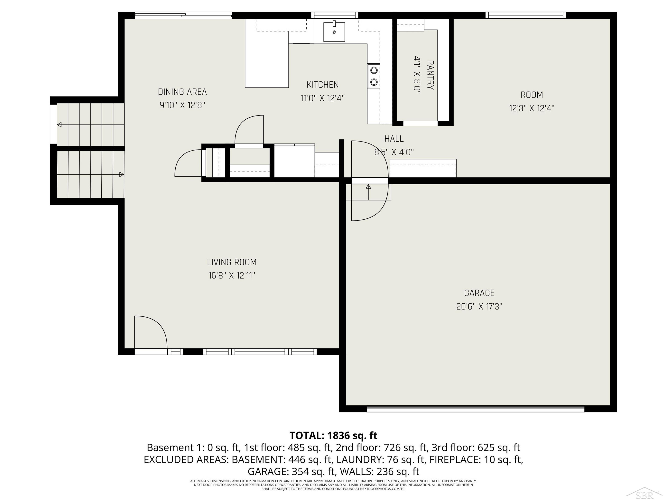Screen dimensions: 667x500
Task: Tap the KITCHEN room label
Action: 323,85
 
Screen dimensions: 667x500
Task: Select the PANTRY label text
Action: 431,75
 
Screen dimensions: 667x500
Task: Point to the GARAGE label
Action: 479,293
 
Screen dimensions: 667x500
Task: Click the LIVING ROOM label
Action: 232,262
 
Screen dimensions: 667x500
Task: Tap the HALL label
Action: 394,139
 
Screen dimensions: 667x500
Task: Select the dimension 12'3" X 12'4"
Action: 532,108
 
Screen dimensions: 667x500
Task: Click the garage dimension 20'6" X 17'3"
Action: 479,306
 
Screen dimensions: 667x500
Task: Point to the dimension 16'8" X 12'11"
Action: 232,276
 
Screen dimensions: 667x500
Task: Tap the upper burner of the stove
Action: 374,70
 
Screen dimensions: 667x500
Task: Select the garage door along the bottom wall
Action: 476,409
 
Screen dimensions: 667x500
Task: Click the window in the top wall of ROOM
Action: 526,15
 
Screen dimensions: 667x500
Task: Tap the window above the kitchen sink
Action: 335,15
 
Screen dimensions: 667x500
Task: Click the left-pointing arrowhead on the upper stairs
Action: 59,124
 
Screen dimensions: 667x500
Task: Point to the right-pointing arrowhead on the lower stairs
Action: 122,174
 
